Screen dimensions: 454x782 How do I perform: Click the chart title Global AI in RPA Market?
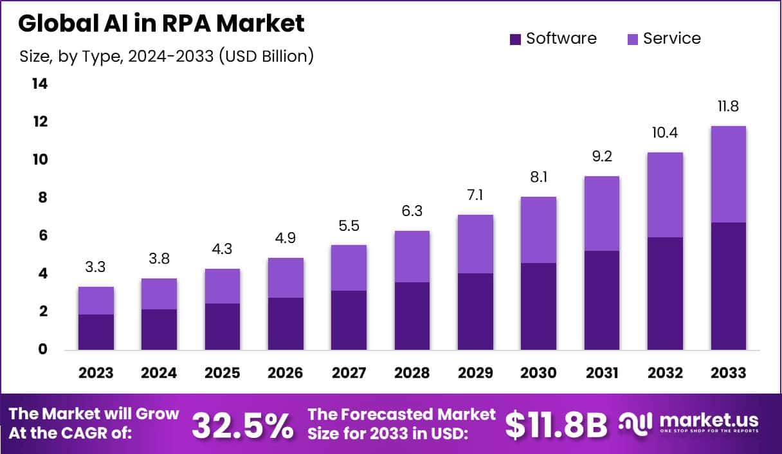[x=161, y=24]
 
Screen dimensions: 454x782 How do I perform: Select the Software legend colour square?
[x=514, y=39]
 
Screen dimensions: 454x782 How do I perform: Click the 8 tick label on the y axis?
[x=42, y=197]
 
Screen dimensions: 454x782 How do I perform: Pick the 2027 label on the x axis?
[x=349, y=373]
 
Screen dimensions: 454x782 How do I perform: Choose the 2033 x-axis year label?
[x=728, y=373]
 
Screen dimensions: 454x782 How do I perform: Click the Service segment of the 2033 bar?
[x=728, y=174]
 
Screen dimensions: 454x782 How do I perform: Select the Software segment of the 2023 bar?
[x=96, y=332]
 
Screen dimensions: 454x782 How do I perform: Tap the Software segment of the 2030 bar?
[x=538, y=306]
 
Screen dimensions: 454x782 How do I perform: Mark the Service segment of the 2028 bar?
[x=412, y=257]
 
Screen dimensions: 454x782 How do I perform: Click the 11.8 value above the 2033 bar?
[x=728, y=107]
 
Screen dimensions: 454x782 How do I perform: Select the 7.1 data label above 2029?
[x=475, y=195]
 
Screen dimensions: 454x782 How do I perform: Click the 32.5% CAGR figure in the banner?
[x=242, y=424]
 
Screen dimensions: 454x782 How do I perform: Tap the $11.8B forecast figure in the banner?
[x=556, y=424]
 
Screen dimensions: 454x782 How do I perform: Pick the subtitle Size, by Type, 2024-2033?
[x=167, y=57]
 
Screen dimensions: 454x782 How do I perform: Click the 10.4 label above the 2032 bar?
[x=665, y=133]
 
